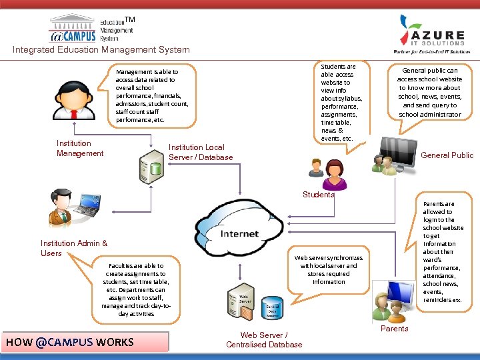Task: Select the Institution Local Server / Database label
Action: [x=201, y=152]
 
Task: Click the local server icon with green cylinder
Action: [x=151, y=167]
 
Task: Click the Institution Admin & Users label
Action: [x=73, y=248]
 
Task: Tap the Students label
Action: [x=318, y=195]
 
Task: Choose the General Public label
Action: [x=447, y=155]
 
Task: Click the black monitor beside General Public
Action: [x=400, y=152]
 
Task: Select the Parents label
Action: [x=394, y=328]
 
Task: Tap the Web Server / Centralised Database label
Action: [x=264, y=340]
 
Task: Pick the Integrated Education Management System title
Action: [x=101, y=49]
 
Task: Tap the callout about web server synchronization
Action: [x=329, y=269]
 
